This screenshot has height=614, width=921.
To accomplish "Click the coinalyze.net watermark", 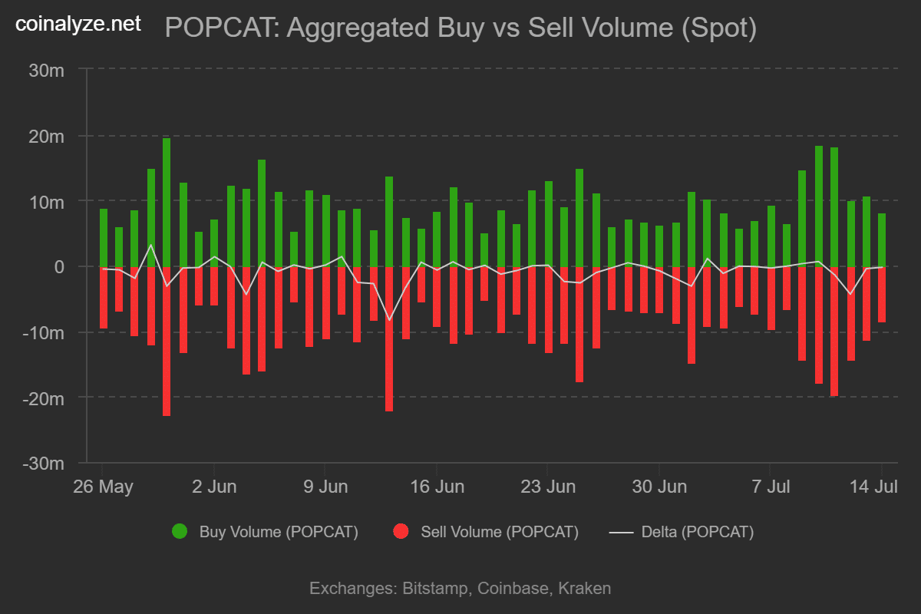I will (78, 24).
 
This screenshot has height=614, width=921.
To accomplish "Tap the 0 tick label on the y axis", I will (58, 267).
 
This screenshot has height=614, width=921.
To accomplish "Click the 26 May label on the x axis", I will (104, 487).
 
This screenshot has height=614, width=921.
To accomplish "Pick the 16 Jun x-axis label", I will (437, 487).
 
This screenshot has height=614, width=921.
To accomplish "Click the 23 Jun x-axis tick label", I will (548, 487).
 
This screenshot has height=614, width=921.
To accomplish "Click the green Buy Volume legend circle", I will (180, 531).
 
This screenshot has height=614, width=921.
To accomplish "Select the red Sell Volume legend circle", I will (400, 531).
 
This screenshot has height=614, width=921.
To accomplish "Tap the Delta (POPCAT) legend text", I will (697, 531).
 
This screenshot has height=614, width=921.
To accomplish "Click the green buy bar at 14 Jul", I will (882, 240).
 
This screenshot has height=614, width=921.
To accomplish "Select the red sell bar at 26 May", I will (104, 298).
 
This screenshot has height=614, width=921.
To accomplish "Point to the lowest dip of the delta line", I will (389, 320).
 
